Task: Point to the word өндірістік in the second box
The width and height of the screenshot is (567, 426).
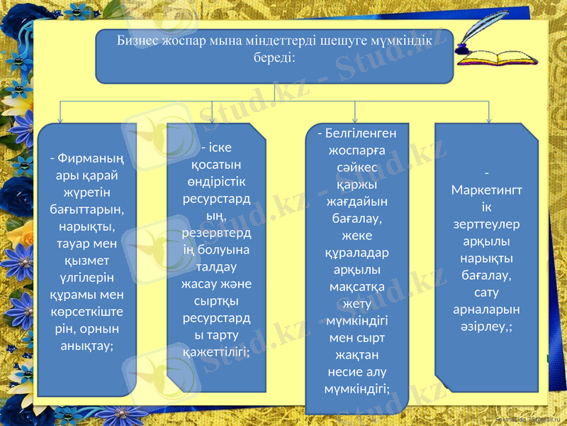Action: (x=216, y=182)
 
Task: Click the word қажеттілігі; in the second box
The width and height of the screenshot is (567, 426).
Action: (x=215, y=351)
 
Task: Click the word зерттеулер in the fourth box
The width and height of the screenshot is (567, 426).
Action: (x=486, y=224)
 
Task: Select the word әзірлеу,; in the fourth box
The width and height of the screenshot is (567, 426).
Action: (x=486, y=326)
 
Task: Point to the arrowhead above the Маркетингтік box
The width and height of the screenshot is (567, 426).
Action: (x=488, y=119)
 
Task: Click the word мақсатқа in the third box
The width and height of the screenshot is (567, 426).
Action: (x=357, y=287)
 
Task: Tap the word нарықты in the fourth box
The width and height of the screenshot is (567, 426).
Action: (x=486, y=258)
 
